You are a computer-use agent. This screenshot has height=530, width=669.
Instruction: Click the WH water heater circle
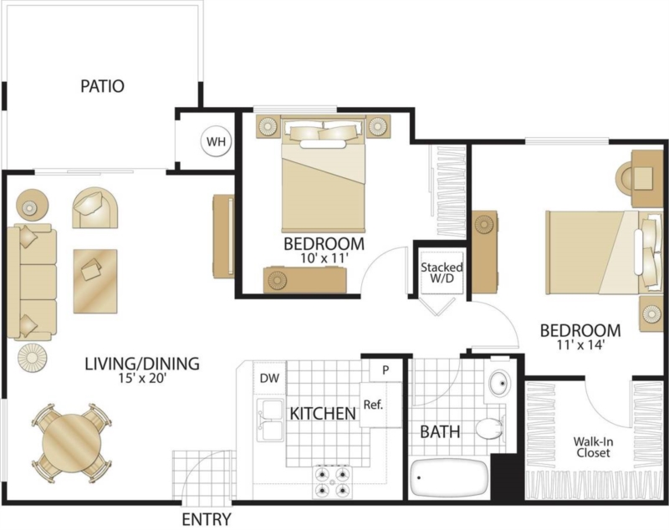point(217,141)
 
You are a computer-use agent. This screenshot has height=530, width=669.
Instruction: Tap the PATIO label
point(102,86)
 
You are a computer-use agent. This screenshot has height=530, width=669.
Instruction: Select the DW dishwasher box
point(269,377)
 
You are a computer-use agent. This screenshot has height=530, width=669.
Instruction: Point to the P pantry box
point(386,370)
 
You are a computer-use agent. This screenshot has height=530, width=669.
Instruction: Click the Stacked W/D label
point(442,273)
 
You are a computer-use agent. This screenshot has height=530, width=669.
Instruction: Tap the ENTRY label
point(207,519)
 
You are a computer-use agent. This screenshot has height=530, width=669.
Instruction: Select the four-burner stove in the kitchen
point(333,482)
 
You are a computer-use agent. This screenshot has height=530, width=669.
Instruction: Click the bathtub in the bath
point(449,477)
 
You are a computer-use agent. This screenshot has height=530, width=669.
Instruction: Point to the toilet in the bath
point(490,429)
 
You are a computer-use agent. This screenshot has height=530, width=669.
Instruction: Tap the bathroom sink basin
point(499,383)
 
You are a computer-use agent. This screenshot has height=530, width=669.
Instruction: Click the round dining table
point(71,444)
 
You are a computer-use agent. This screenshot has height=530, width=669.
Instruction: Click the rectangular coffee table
point(95,281)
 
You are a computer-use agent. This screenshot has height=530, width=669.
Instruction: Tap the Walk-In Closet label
point(593,447)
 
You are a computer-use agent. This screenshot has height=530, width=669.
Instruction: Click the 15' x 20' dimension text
point(142,378)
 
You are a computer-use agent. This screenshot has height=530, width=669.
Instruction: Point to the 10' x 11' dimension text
point(324,257)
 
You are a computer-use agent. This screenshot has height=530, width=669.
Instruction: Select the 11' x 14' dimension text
point(580,344)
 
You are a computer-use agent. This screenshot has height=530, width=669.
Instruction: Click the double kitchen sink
point(269,420)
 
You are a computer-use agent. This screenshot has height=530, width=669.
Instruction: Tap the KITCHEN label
point(323,413)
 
